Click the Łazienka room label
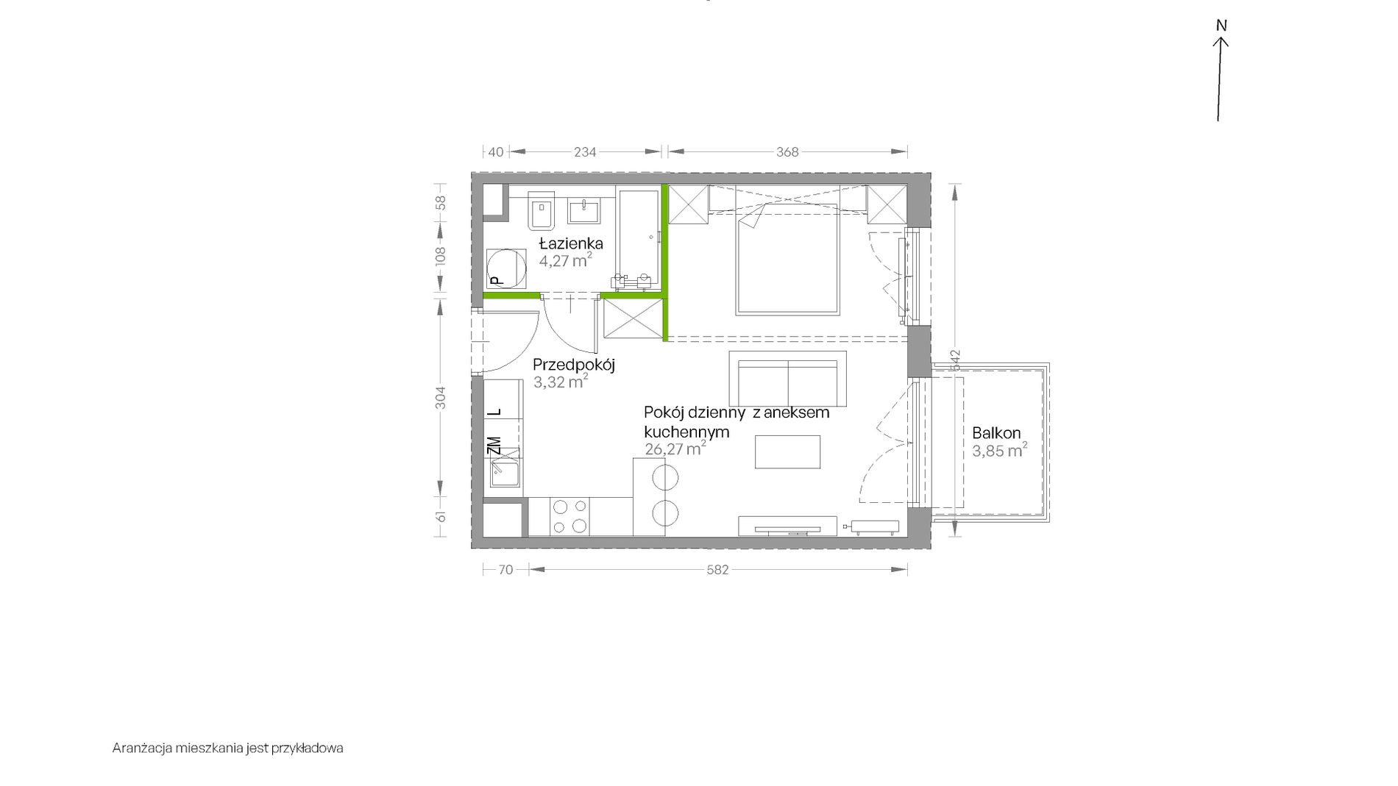coord(571,243)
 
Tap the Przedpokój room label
coord(573,365)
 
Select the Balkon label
coord(996,433)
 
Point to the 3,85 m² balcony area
coord(999,451)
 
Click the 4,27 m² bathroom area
coord(565,261)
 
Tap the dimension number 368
coord(787,152)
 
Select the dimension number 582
coord(717,570)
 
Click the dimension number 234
coord(585,152)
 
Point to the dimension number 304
coord(441,398)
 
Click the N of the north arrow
coord(1221,26)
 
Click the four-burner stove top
coord(570,516)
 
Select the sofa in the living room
coord(787,379)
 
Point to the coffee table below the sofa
coord(787,451)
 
